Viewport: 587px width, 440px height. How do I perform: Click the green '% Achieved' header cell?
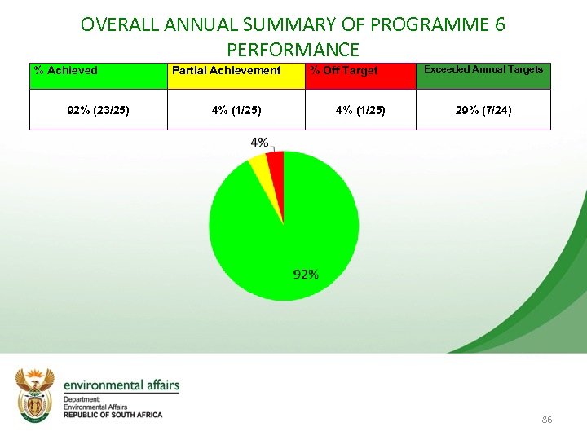[98, 76]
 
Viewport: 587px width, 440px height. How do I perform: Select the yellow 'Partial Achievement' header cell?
[236, 76]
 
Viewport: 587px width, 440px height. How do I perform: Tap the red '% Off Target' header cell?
[360, 76]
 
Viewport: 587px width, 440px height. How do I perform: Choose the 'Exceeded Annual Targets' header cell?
[483, 76]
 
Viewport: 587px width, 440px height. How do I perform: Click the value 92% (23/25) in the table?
[98, 110]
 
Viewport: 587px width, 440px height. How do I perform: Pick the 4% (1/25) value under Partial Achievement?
[236, 110]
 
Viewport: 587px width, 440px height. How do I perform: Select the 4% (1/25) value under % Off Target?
[360, 110]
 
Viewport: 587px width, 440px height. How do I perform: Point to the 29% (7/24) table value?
[483, 110]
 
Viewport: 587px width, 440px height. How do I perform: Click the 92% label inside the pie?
[306, 275]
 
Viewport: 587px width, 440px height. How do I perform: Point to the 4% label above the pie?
[259, 143]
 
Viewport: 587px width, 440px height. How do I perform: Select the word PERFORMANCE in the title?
[293, 50]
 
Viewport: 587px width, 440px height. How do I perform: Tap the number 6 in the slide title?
[499, 24]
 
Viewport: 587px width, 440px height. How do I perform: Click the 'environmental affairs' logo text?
[121, 385]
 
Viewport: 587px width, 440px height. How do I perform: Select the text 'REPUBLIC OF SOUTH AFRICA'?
[113, 415]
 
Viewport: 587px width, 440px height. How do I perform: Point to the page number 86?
[546, 420]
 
